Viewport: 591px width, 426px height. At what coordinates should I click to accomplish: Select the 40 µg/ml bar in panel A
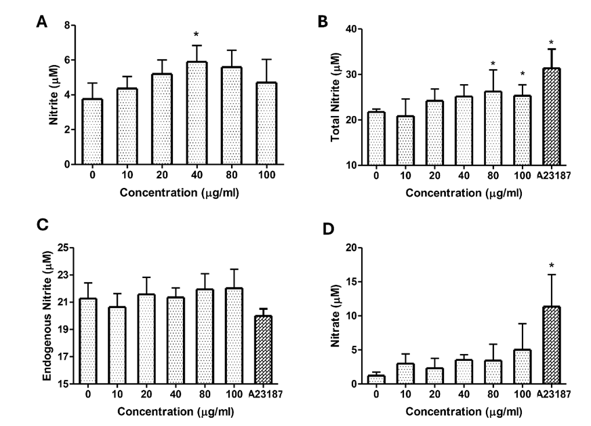(x=196, y=113)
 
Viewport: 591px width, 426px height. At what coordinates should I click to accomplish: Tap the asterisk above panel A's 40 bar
(x=196, y=35)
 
